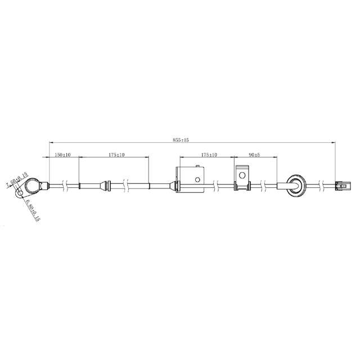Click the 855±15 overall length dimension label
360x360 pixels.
181,140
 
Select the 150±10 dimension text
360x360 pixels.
62,155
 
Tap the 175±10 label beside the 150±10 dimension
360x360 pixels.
116,155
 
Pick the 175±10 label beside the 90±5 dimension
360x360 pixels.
209,155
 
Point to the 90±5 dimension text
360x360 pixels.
254,155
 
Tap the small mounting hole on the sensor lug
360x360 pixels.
20,193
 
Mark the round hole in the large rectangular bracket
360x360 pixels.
197,179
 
